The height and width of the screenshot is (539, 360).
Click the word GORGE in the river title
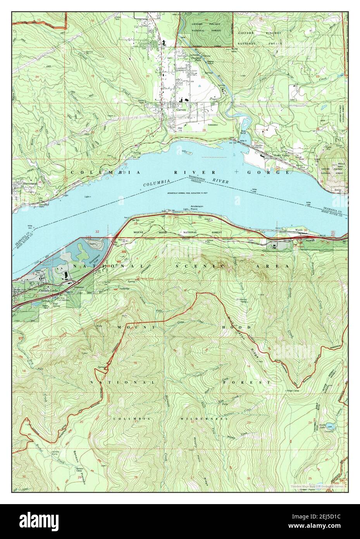click(x=276, y=172)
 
